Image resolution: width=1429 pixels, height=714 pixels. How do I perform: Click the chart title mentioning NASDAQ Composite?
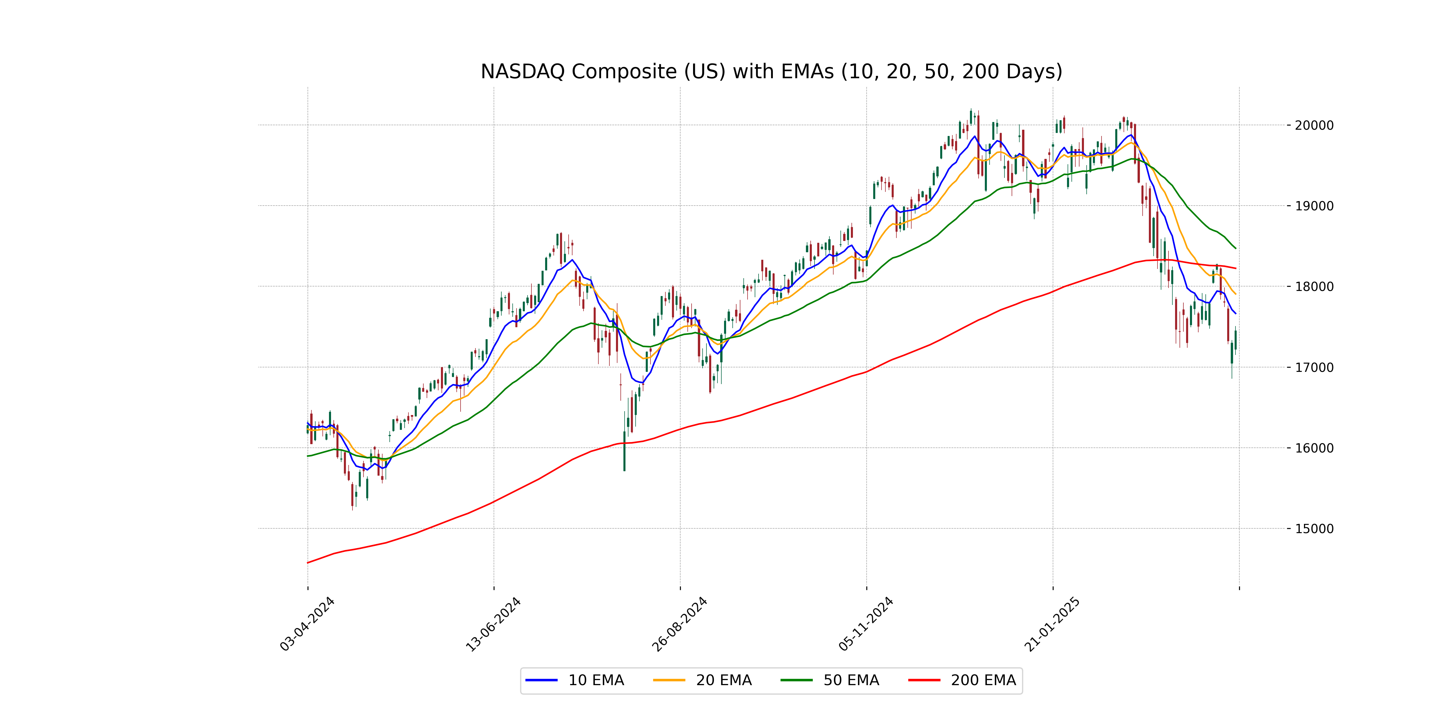click(x=771, y=71)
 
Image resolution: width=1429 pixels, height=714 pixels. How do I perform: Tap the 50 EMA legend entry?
click(x=830, y=680)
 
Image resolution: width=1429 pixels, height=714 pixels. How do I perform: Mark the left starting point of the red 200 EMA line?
click(x=308, y=563)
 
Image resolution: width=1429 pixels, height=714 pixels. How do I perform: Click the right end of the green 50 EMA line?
click(x=1235, y=248)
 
